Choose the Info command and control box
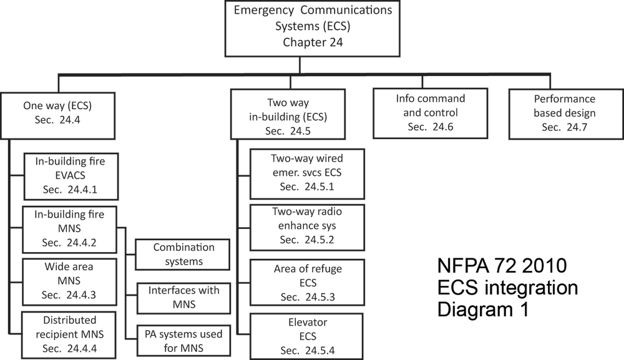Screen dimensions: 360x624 click(430, 112)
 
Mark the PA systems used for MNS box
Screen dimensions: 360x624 click(183, 340)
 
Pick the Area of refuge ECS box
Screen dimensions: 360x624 click(306, 282)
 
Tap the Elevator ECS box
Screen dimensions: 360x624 click(306, 336)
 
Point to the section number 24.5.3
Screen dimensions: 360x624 click(318, 296)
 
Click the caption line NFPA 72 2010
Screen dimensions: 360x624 click(502, 267)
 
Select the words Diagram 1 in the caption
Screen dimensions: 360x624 click(483, 310)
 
